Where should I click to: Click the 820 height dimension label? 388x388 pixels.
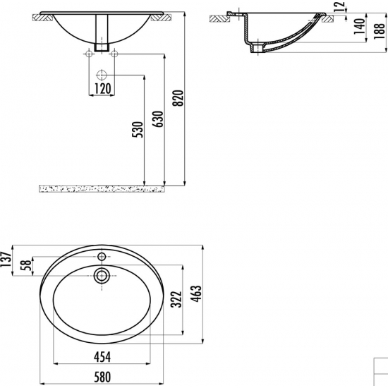178,98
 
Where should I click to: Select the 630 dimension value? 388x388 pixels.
158,119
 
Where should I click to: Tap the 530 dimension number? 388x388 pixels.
138,129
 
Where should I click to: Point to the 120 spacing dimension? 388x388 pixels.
102,88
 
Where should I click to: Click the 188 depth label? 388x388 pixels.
380,31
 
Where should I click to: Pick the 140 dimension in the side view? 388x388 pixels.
359,27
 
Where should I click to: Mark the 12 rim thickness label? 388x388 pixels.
341,6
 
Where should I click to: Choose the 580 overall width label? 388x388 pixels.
102,377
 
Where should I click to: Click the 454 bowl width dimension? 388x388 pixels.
102,356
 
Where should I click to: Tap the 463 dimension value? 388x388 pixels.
197,293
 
